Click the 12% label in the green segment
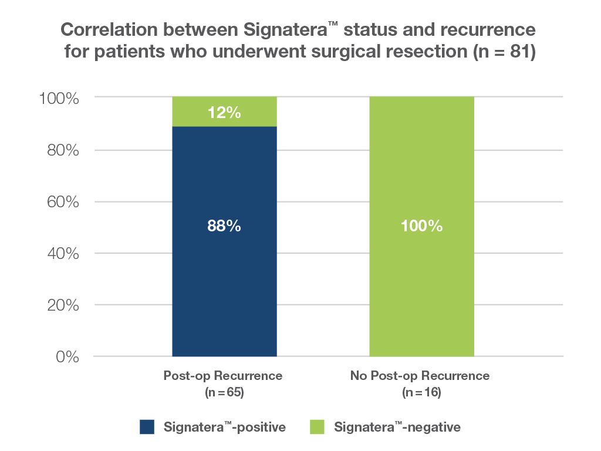[224, 112]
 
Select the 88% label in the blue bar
[224, 225]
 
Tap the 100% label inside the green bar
[421, 225]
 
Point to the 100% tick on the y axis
[59, 99]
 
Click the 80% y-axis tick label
[63, 150]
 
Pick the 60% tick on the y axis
[63, 202]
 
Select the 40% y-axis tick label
[63, 254]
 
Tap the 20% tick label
[63, 305]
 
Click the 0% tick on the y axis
[67, 356]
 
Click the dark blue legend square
[147, 427]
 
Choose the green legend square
[317, 427]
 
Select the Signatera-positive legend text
[225, 427]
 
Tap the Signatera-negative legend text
[397, 427]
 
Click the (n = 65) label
[224, 392]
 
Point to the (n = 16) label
[421, 392]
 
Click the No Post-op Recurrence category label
[420, 375]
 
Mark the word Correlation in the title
[109, 29]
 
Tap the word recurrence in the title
[488, 29]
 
